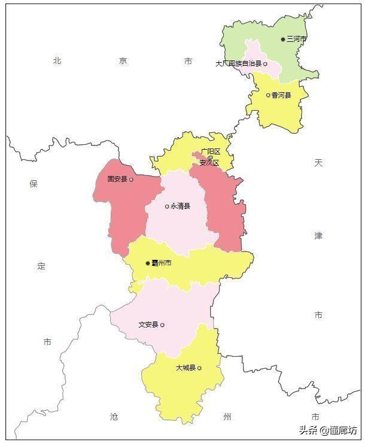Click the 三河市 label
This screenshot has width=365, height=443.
coord(297,39)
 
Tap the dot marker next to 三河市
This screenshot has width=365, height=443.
coord(284,40)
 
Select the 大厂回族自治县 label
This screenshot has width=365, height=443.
coord(239,63)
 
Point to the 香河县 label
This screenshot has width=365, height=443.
coord(281,95)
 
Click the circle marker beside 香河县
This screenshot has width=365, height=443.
coord(268,95)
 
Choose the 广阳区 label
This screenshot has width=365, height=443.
coord(211,151)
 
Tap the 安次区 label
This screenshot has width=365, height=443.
coord(209,162)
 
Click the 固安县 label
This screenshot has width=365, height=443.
coord(117,178)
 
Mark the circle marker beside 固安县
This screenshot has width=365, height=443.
coord(131,179)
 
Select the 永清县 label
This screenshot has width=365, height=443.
coord(180,206)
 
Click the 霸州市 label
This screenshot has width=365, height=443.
coord(162,263)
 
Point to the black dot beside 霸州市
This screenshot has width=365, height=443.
coord(148,263)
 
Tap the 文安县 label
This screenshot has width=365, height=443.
coord(148,324)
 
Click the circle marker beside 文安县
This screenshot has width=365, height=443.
coord(162,325)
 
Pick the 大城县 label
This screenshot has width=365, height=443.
coord(185,368)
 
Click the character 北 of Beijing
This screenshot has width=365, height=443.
coord(57,60)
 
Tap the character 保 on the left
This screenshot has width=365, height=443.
coord(34,184)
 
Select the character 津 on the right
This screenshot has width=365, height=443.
coord(318,236)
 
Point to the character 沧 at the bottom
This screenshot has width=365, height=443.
coord(115,416)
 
